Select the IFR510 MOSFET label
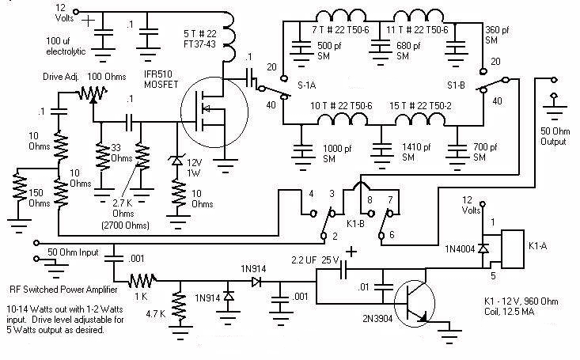[161, 79]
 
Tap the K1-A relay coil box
[512, 249]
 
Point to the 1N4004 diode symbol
[483, 248]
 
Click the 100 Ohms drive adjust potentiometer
[93, 93]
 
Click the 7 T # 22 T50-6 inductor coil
[341, 16]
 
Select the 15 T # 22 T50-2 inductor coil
[420, 119]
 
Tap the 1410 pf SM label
[416, 152]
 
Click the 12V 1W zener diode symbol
[176, 161]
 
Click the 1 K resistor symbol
[142, 280]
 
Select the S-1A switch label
[307, 85]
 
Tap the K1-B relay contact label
[355, 223]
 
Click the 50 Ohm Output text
[555, 136]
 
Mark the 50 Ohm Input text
[73, 252]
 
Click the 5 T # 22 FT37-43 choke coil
[229, 37]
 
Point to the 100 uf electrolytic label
[66, 46]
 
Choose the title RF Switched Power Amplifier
[63, 290]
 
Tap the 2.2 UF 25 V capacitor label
[315, 260]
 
